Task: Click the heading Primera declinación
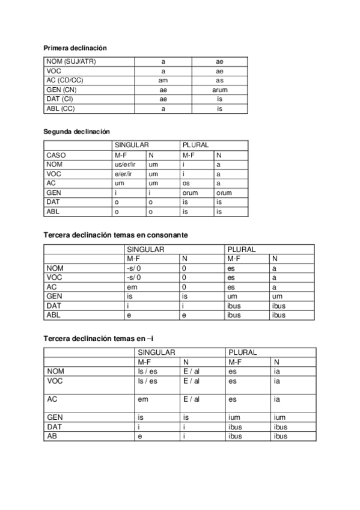coord(75,48)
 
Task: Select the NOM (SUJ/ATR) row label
coord(71,61)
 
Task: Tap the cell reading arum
coord(220,90)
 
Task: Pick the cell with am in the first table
coord(163,80)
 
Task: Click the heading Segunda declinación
coord(76,131)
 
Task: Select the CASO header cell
coord(56,155)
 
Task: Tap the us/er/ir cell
coord(126,164)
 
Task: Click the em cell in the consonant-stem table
coord(132,287)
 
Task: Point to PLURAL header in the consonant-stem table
coord(242,249)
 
